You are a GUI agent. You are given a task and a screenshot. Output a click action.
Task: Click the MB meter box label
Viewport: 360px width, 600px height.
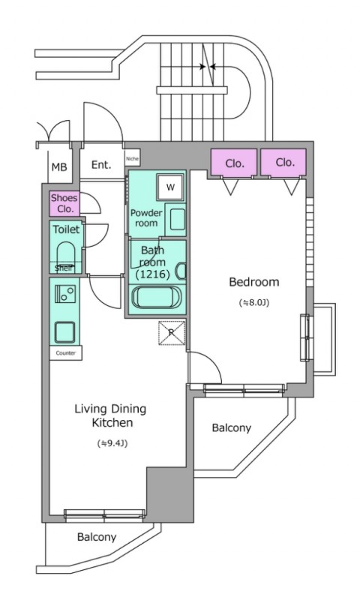pos(59,167)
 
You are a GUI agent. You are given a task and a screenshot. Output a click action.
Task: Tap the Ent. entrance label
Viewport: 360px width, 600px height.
pos(101,165)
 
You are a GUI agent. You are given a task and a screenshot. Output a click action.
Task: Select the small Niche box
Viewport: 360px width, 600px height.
pos(132,158)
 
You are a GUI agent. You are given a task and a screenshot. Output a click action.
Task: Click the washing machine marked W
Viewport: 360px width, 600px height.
pos(171,187)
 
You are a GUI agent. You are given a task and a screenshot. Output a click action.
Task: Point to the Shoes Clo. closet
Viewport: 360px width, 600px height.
pos(64,203)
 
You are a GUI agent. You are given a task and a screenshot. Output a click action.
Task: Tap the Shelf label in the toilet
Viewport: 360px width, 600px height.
pos(63,268)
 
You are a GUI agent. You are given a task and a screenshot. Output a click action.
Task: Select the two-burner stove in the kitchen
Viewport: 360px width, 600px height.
pos(65,294)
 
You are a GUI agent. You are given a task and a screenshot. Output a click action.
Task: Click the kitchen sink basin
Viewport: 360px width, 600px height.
pos(64,332)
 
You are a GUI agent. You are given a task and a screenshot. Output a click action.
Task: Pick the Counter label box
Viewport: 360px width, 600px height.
pos(66,353)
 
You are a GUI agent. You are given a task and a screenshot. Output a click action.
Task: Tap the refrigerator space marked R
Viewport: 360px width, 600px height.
pos(172,333)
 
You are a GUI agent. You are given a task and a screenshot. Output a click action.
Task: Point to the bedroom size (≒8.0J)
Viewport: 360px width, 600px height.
pos(254,303)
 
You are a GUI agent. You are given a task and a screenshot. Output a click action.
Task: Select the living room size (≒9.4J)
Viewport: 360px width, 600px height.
pos(112,443)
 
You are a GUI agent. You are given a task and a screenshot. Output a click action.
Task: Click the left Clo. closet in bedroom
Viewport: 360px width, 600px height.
pos(234,163)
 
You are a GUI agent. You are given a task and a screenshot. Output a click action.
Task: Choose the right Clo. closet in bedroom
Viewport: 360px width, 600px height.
pos(283,163)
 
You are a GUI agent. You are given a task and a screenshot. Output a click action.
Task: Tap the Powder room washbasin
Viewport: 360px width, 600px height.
pos(178,219)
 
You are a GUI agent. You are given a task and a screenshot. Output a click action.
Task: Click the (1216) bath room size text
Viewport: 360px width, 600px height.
pos(152,274)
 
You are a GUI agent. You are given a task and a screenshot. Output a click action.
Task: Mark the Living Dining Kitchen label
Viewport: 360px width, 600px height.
pos(110,415)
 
